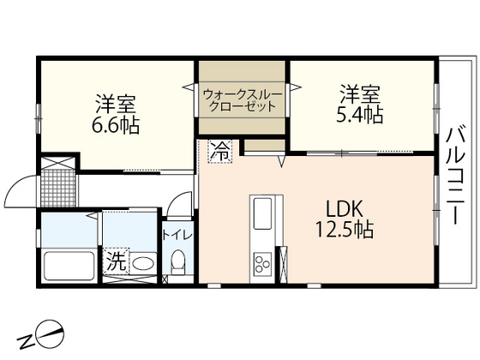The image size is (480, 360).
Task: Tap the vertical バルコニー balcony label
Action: pyautogui.click(x=456, y=176)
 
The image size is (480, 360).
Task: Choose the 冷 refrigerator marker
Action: pyautogui.click(x=219, y=153)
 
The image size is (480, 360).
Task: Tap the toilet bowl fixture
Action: pyautogui.click(x=178, y=261)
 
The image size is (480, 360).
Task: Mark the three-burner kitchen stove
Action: pyautogui.click(x=261, y=262)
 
